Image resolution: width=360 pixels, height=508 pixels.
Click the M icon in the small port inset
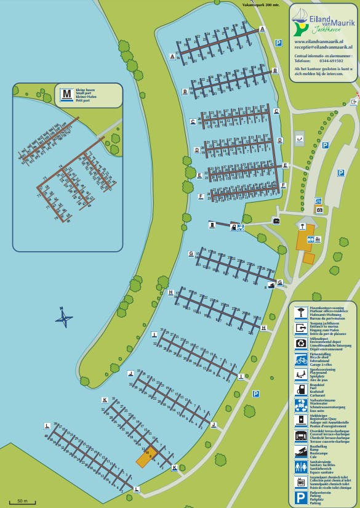[66, 95]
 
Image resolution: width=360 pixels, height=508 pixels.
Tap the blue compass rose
[63, 318]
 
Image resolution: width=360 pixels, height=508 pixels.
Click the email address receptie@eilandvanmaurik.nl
[323, 47]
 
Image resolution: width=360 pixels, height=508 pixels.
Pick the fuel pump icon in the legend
[301, 389]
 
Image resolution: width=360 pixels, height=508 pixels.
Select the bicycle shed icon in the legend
[301, 359]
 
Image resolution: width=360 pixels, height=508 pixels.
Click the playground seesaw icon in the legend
[301, 374]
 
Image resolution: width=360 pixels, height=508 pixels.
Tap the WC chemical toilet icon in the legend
[301, 482]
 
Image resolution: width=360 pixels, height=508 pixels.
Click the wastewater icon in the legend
[301, 405]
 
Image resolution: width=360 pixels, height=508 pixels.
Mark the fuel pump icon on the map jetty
[212, 225]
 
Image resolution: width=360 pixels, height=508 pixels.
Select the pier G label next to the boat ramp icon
[279, 282]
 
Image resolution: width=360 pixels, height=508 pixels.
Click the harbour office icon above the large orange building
[302, 227]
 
